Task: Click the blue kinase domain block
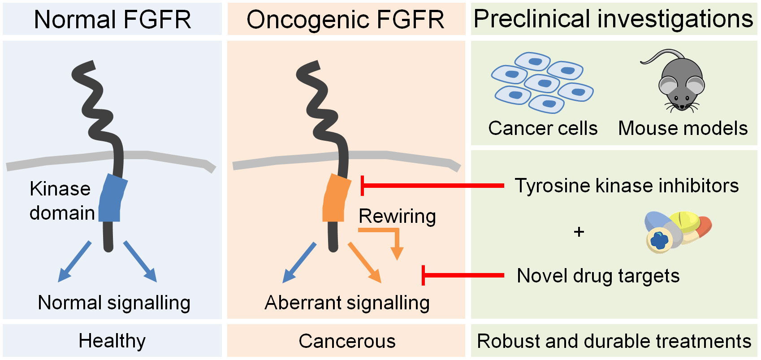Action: coord(112,198)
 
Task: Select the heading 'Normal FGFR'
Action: coord(112,20)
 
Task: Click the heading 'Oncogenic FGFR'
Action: coord(345,20)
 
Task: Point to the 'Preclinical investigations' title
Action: coord(613,19)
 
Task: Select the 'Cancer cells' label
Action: coord(543,128)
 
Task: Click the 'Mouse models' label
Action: coord(683,128)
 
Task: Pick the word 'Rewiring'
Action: coord(397,216)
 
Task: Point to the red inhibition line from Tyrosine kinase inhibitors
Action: coord(432,185)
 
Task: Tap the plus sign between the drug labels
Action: coord(579,232)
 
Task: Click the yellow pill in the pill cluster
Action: coord(685,221)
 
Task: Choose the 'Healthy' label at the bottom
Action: coord(112,341)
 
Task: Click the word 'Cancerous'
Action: coord(347,341)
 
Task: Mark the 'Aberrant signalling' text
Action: coord(347,303)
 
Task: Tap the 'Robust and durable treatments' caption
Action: coord(614,341)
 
